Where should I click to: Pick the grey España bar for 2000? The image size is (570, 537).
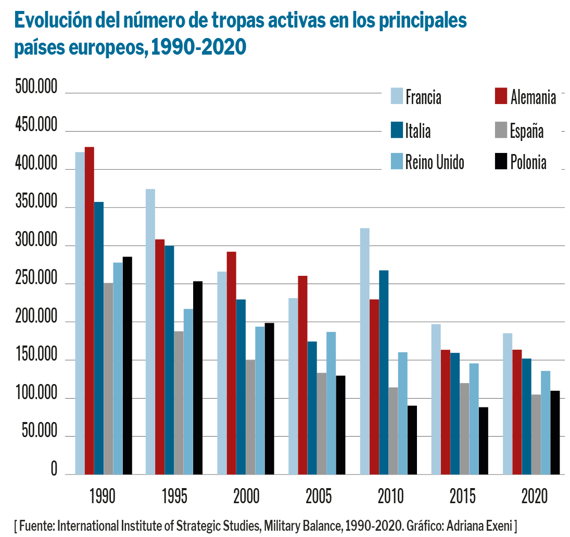pyautogui.click(x=250, y=417)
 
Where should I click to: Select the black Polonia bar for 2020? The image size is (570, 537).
pyautogui.click(x=554, y=432)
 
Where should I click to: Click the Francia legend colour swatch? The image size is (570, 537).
pyautogui.click(x=397, y=96)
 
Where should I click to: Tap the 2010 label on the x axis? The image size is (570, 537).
pyautogui.click(x=390, y=496)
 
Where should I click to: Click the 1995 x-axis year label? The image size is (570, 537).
pyautogui.click(x=174, y=496)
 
